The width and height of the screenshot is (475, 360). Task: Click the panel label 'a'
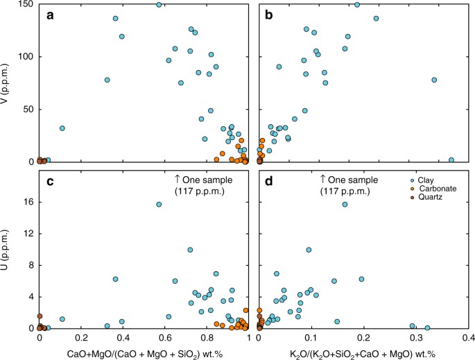point(51,15)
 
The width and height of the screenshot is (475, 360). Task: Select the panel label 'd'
point(269,182)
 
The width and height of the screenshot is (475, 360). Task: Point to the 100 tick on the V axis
point(25,57)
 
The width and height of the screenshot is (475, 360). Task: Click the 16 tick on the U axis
point(28,202)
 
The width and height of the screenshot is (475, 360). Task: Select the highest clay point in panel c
point(159,205)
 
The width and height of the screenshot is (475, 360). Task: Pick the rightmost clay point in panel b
point(451,160)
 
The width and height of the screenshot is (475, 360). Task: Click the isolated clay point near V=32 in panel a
point(62,128)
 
